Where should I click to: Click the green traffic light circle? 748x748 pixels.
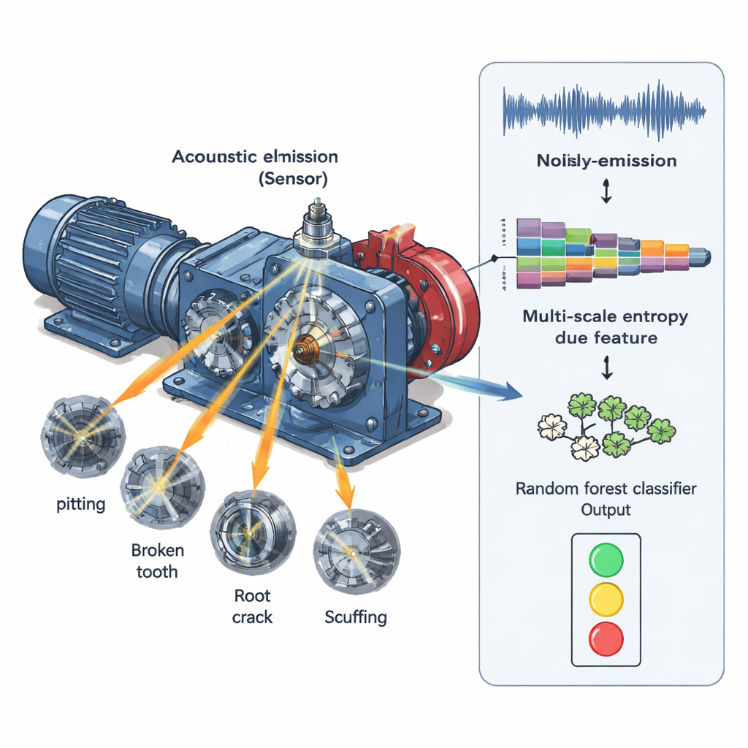tap(606, 560)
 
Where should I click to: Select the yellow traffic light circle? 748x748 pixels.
tap(606, 598)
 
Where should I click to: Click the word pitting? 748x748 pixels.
tap(81, 504)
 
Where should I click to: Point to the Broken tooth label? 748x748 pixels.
tap(157, 560)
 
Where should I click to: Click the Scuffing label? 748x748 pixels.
tap(356, 617)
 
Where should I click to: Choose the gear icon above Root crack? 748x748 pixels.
tap(253, 532)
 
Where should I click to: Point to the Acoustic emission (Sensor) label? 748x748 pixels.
tap(255, 167)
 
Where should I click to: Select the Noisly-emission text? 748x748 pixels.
tap(606, 161)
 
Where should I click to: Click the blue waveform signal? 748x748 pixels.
tap(605, 111)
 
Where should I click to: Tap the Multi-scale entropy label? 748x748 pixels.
tap(606, 327)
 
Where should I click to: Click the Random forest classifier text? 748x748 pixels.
tap(606, 489)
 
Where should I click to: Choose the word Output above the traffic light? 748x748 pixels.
tap(606, 509)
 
